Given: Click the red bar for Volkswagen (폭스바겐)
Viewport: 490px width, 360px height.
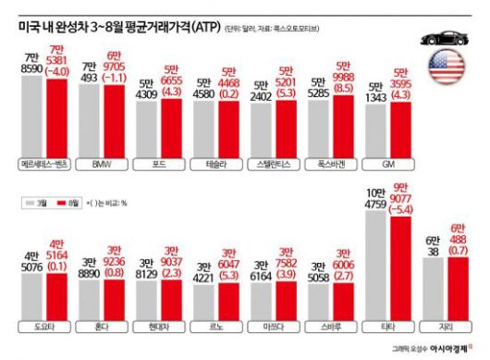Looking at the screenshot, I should [343, 124].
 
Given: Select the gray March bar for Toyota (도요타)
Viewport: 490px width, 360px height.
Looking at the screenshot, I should [32, 292].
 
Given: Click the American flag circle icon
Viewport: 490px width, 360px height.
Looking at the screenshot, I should [447, 69].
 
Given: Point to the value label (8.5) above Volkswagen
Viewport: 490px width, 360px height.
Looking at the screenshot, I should [344, 91].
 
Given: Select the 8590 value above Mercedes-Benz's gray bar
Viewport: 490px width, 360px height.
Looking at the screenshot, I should [32, 68].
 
